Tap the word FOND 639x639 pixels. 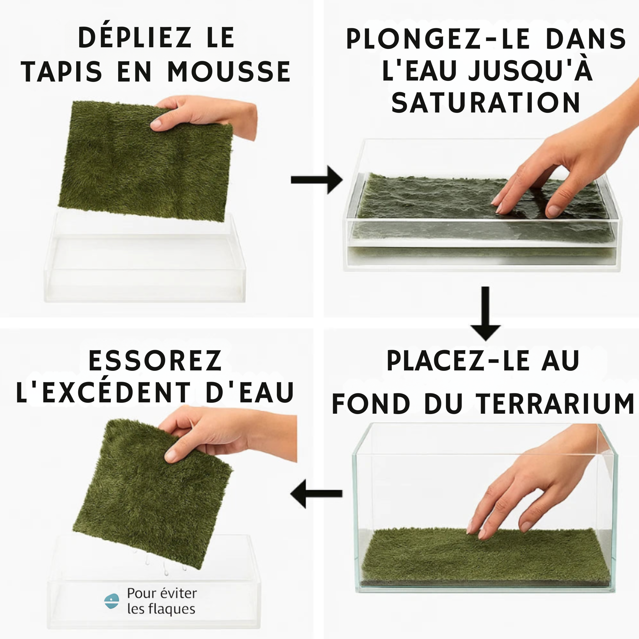pyautogui.click(x=371, y=404)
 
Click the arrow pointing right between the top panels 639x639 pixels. pyautogui.click(x=317, y=180)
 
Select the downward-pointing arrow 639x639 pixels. pyautogui.click(x=486, y=314)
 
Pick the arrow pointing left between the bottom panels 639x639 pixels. pyautogui.click(x=316, y=494)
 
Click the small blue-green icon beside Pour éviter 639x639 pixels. pyautogui.click(x=111, y=601)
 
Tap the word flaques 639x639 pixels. pyautogui.click(x=172, y=609)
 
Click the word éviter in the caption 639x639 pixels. pyautogui.click(x=178, y=593)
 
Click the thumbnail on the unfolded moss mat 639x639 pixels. pyautogui.click(x=156, y=125)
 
